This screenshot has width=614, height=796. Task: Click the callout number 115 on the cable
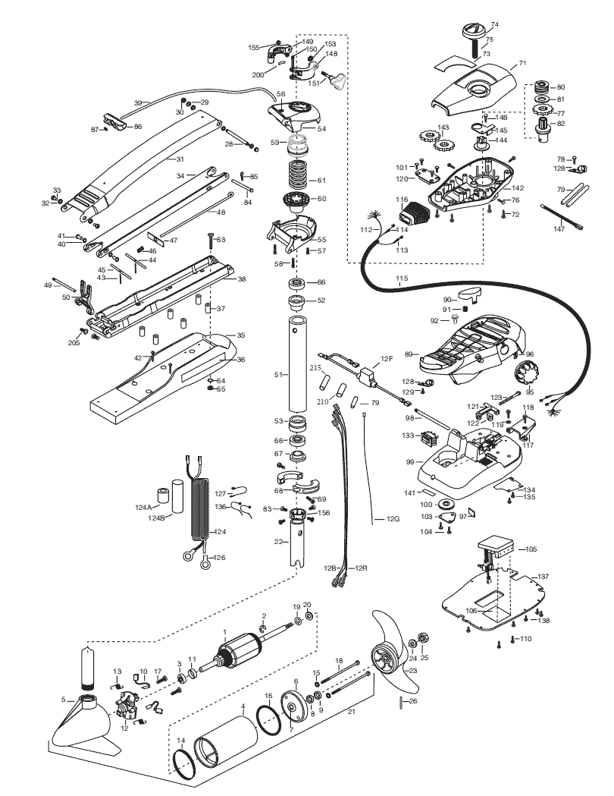tap(401, 279)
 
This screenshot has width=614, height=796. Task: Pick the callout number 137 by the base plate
tap(544, 577)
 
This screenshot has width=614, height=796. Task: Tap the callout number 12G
tap(392, 519)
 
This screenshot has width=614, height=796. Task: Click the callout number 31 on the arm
tap(180, 159)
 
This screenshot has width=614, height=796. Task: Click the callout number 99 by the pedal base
tap(409, 461)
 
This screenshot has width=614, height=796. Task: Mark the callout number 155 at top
tap(255, 47)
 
